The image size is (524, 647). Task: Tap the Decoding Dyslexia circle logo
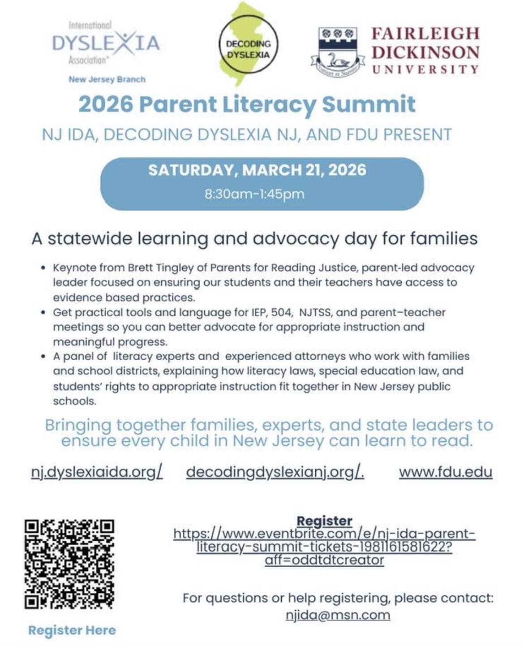point(248,49)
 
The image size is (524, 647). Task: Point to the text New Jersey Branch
point(107,79)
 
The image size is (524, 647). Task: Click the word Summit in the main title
point(368,104)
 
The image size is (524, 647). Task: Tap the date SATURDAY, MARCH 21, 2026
point(257,170)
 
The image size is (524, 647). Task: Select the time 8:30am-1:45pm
point(254,194)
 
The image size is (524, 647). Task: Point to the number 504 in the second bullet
point(281,312)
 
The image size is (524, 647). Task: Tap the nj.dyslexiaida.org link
point(97,472)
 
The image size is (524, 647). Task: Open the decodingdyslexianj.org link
point(275,472)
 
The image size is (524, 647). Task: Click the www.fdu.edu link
point(446,472)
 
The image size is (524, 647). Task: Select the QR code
point(69,564)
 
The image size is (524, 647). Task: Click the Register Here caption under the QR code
point(72,630)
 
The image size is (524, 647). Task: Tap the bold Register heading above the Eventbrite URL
point(324,521)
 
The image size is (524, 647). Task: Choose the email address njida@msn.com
point(338,615)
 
